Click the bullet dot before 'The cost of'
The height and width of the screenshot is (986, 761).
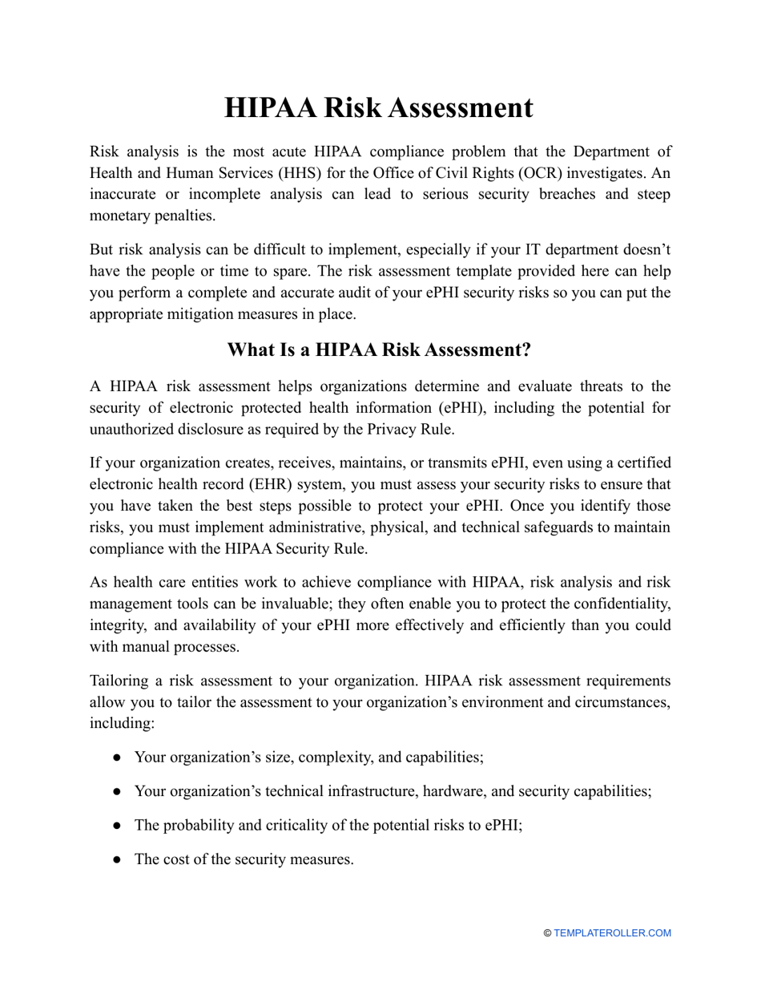point(117,859)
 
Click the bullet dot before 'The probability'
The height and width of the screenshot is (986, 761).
point(117,825)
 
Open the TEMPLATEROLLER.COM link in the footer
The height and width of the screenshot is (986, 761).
point(612,933)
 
